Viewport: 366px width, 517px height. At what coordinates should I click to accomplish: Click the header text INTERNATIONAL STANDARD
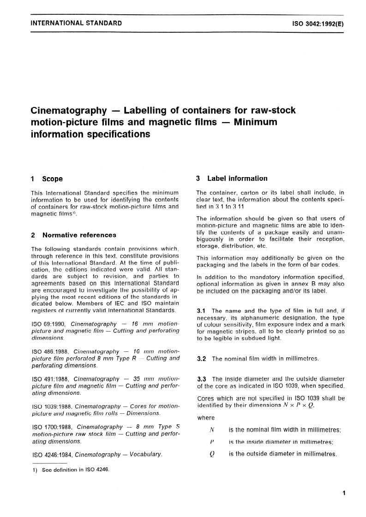(x=76, y=23)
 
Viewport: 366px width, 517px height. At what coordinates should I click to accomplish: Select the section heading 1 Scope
(x=47, y=179)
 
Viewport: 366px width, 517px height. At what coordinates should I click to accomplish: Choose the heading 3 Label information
(x=232, y=178)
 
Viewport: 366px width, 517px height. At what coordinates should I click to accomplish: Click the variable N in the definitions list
(x=213, y=430)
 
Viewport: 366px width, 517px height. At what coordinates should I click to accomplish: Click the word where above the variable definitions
(x=206, y=418)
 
